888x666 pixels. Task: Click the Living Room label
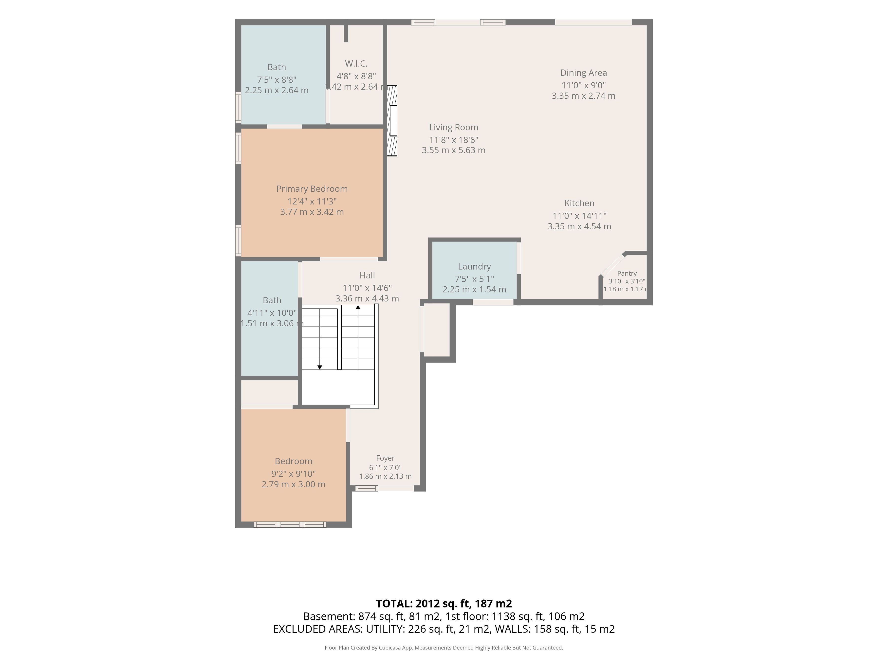pos(454,127)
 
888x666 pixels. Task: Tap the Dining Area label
pos(584,73)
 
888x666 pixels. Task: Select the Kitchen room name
pos(579,203)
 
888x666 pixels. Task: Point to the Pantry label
pos(627,273)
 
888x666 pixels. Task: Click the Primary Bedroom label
pos(312,189)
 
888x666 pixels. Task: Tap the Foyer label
pos(385,458)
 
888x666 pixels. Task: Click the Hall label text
pos(367,275)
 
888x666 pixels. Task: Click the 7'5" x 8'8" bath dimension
pos(277,79)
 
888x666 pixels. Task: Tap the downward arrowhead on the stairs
pos(319,367)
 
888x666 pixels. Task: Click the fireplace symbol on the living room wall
pos(392,120)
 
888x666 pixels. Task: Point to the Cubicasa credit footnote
pos(444,647)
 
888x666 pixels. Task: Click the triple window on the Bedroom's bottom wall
pos(290,524)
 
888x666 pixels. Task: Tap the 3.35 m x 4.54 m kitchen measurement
pos(579,226)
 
